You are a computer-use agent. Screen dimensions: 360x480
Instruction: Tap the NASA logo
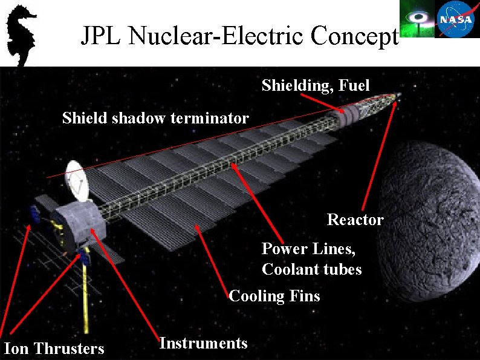click(458, 19)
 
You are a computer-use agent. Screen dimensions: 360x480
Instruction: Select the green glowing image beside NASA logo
click(417, 19)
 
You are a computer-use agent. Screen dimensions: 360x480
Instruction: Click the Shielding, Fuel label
click(315, 86)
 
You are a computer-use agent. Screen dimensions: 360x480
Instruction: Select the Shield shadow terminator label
click(155, 118)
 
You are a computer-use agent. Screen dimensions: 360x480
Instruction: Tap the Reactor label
click(355, 219)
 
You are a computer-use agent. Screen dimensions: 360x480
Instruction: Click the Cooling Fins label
click(274, 296)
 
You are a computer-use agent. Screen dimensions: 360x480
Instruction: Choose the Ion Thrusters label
click(54, 349)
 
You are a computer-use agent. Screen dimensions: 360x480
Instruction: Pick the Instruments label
click(203, 343)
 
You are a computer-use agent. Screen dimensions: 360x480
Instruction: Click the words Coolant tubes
click(311, 269)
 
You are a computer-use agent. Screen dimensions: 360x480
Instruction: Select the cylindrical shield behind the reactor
click(349, 112)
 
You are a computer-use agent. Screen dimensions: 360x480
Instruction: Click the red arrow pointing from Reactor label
click(380, 157)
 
